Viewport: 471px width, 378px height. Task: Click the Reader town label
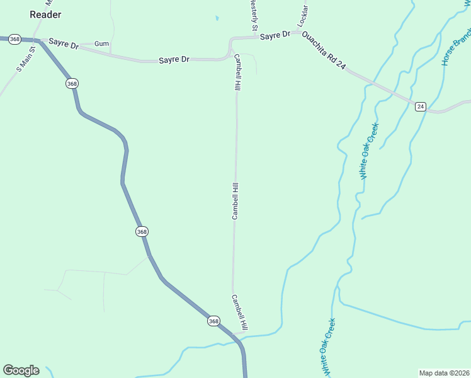(45, 14)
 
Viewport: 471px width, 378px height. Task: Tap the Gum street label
(101, 43)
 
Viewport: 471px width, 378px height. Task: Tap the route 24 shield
(421, 106)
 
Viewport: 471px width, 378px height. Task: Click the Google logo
(21, 370)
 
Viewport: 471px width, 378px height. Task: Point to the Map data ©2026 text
(444, 373)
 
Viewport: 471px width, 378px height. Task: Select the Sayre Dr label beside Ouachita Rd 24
(275, 36)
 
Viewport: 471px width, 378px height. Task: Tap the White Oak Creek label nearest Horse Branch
(368, 152)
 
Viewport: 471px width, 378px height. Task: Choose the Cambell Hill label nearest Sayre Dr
(238, 72)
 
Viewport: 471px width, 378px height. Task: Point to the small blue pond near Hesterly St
(217, 18)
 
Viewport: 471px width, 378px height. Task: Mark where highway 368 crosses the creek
(241, 341)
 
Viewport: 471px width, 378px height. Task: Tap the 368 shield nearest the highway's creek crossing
(213, 321)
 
